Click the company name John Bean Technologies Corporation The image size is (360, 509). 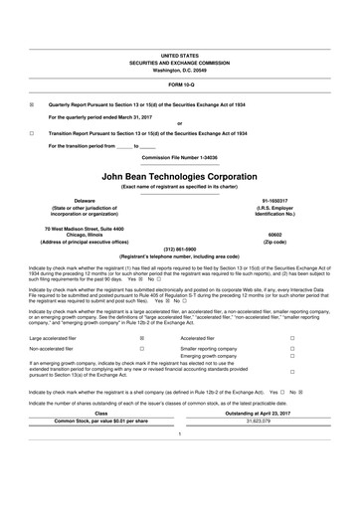coord(180,175)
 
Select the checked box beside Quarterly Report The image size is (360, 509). coord(33,104)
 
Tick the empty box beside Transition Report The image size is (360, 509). coord(33,132)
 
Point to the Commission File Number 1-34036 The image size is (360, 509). coord(180,157)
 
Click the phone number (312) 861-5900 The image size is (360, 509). coord(180,248)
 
